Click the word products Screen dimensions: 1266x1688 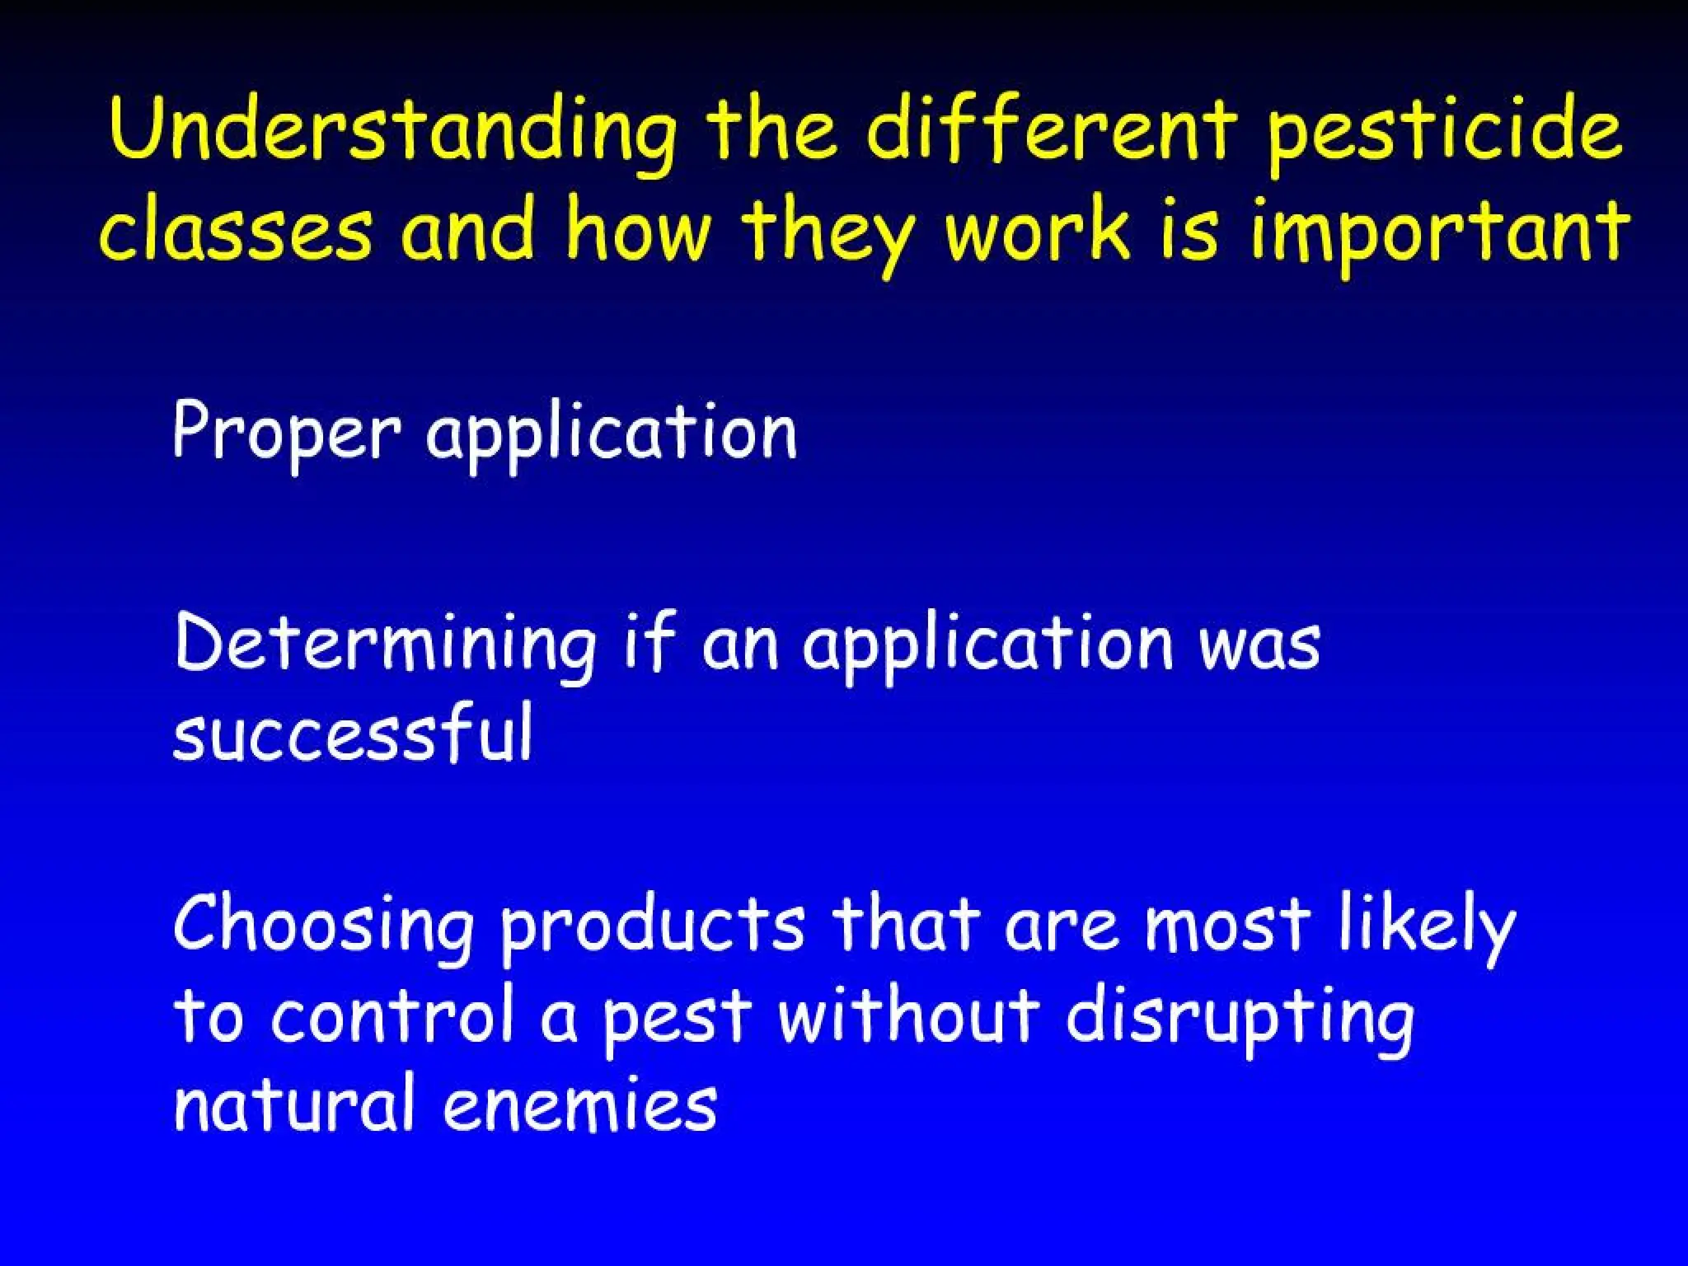tap(652, 926)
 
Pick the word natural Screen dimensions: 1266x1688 tap(293, 1104)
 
